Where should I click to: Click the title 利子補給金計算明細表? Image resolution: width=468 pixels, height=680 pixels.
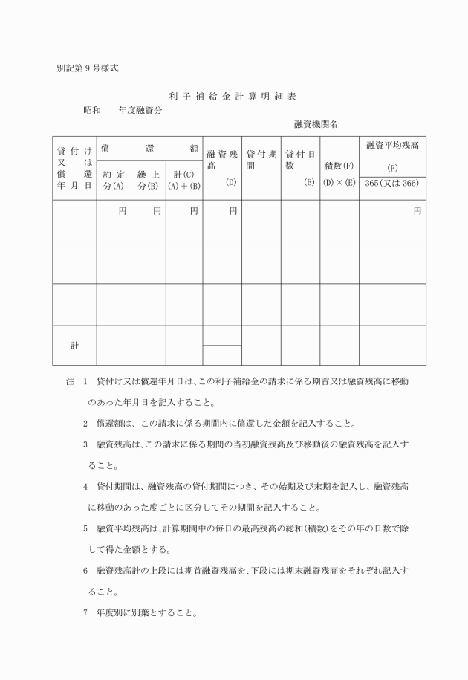coord(233,96)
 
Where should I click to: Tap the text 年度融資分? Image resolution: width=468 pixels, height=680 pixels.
coord(141,110)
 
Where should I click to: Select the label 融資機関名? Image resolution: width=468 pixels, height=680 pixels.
coord(316,125)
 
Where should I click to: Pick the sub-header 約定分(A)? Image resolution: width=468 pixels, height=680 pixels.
coord(114,180)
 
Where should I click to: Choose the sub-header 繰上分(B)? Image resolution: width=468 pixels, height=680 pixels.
coord(148,180)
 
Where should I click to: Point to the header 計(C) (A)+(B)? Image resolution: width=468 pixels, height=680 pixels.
coord(183,180)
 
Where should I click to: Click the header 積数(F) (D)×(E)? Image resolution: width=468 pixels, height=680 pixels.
coord(339,174)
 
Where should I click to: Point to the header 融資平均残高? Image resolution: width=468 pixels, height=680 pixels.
coord(392,146)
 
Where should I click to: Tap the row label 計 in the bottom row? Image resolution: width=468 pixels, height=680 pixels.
coord(74,346)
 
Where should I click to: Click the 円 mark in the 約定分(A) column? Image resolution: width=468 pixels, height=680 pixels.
coord(123,211)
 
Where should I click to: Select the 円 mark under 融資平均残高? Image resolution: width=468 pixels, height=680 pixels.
coord(417,211)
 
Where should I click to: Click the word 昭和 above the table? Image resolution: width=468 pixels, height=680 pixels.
coord(92,110)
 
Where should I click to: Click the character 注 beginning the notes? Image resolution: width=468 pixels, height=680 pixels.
coord(70,381)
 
